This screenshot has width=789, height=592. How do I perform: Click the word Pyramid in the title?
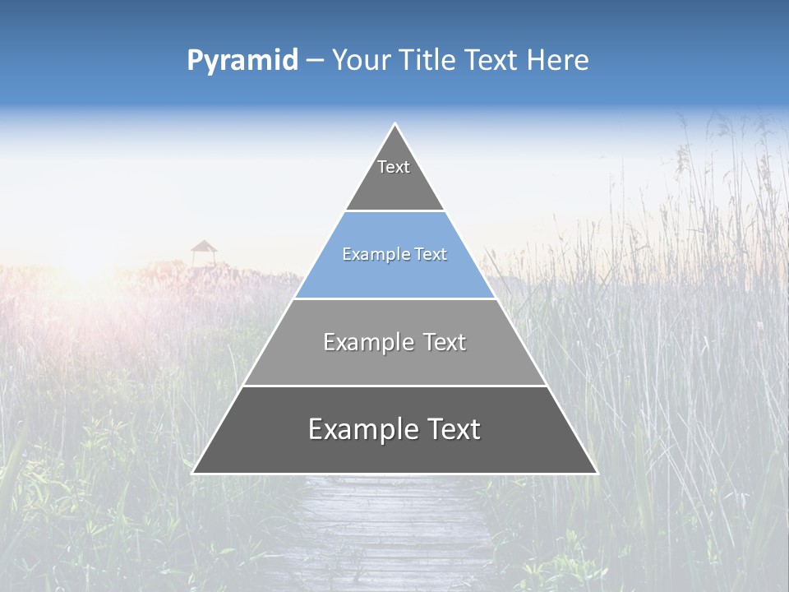[x=242, y=61]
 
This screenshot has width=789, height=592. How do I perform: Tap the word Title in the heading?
[x=428, y=61]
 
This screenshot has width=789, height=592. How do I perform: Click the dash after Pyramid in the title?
[x=315, y=61]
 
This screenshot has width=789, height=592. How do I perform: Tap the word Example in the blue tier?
[x=371, y=255]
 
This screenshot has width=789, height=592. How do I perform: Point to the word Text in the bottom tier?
[x=451, y=429]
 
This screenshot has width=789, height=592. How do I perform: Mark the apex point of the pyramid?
[x=395, y=124]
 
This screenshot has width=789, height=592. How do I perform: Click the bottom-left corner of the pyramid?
[x=193, y=473]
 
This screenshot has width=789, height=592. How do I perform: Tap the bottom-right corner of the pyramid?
[x=597, y=473]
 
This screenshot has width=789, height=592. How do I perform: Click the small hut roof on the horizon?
[x=203, y=247]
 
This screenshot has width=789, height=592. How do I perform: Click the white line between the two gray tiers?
[x=394, y=386]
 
